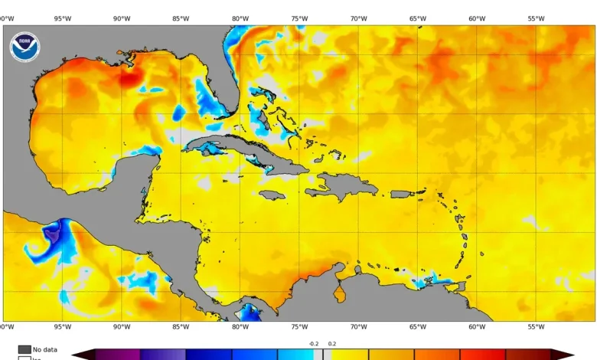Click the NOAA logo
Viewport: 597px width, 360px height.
pyautogui.click(x=24, y=47)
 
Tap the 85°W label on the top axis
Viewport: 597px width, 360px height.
pyautogui.click(x=181, y=18)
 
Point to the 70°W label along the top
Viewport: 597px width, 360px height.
pyautogui.click(x=358, y=18)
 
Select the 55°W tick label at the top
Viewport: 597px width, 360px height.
pyautogui.click(x=536, y=18)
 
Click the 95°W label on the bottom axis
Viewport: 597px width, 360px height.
pyautogui.click(x=62, y=327)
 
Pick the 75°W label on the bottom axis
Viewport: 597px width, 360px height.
pyautogui.click(x=299, y=327)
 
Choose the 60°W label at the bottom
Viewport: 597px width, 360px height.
pyautogui.click(x=477, y=327)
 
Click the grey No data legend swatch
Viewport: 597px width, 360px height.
pyautogui.click(x=24, y=349)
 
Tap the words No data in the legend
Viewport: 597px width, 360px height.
pyautogui.click(x=45, y=349)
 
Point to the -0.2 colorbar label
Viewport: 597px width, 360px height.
pyautogui.click(x=313, y=344)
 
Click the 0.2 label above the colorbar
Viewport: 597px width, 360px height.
pyautogui.click(x=332, y=344)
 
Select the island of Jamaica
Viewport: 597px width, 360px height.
pyautogui.click(x=272, y=195)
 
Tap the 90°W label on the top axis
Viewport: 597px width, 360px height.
pyautogui.click(x=121, y=18)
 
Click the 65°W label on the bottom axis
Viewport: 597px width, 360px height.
pyautogui.click(x=418, y=327)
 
